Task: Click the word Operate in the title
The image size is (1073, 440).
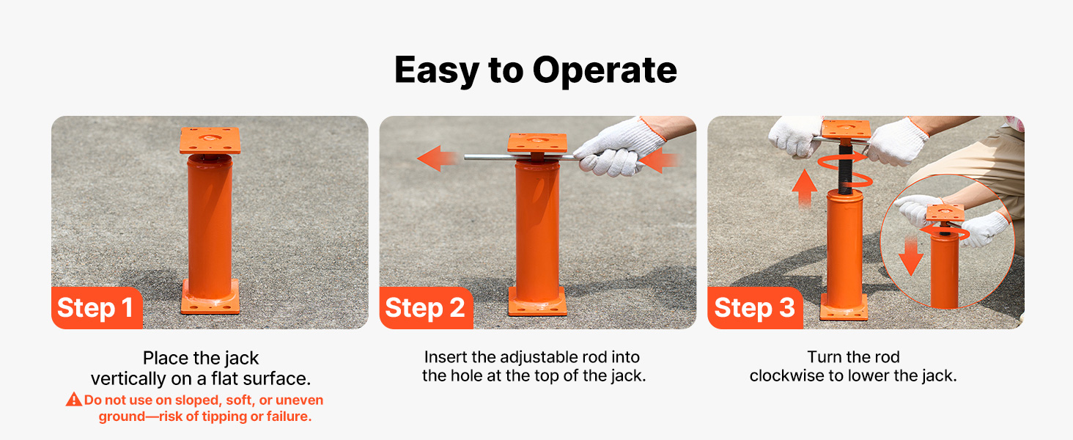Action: (x=605, y=70)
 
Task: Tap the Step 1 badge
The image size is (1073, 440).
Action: (x=97, y=308)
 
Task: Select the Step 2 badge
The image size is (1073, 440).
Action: (x=426, y=308)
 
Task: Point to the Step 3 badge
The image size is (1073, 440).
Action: (x=755, y=308)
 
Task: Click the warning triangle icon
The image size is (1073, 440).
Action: (x=74, y=399)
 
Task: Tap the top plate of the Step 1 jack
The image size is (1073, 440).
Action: (x=210, y=141)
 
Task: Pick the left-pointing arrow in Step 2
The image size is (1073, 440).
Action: (x=437, y=158)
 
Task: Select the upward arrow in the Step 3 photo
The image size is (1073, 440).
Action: (x=804, y=188)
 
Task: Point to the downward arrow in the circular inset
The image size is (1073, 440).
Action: (x=910, y=257)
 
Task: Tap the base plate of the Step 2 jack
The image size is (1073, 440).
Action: (x=537, y=302)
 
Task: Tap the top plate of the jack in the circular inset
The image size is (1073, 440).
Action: (x=945, y=213)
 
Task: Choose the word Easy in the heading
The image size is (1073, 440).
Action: (x=436, y=70)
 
